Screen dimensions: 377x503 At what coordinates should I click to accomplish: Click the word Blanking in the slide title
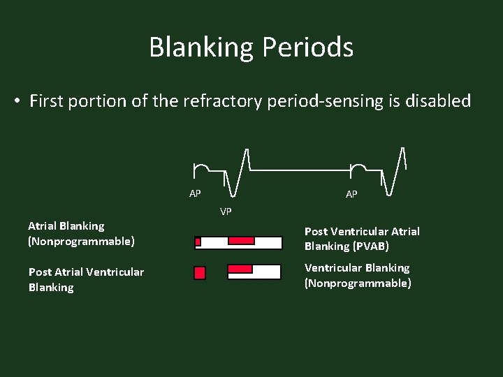202,48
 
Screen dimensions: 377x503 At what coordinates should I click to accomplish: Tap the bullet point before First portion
16,102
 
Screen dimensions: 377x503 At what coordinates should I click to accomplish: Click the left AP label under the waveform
195,193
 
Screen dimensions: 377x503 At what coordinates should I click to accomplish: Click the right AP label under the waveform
351,194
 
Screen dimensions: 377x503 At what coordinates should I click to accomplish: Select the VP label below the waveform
226,211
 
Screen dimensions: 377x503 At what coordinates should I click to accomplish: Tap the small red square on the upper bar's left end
198,242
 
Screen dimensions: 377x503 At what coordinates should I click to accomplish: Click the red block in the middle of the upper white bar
241,241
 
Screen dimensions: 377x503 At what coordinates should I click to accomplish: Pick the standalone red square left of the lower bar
200,272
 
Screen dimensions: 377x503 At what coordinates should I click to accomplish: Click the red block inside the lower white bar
240,269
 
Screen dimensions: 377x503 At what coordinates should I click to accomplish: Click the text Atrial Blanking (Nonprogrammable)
80,234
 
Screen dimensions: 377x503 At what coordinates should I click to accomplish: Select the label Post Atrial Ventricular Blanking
86,279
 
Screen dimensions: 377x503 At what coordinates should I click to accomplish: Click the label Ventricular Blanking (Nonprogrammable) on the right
357,275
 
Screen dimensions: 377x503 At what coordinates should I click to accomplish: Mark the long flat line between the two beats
300,170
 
